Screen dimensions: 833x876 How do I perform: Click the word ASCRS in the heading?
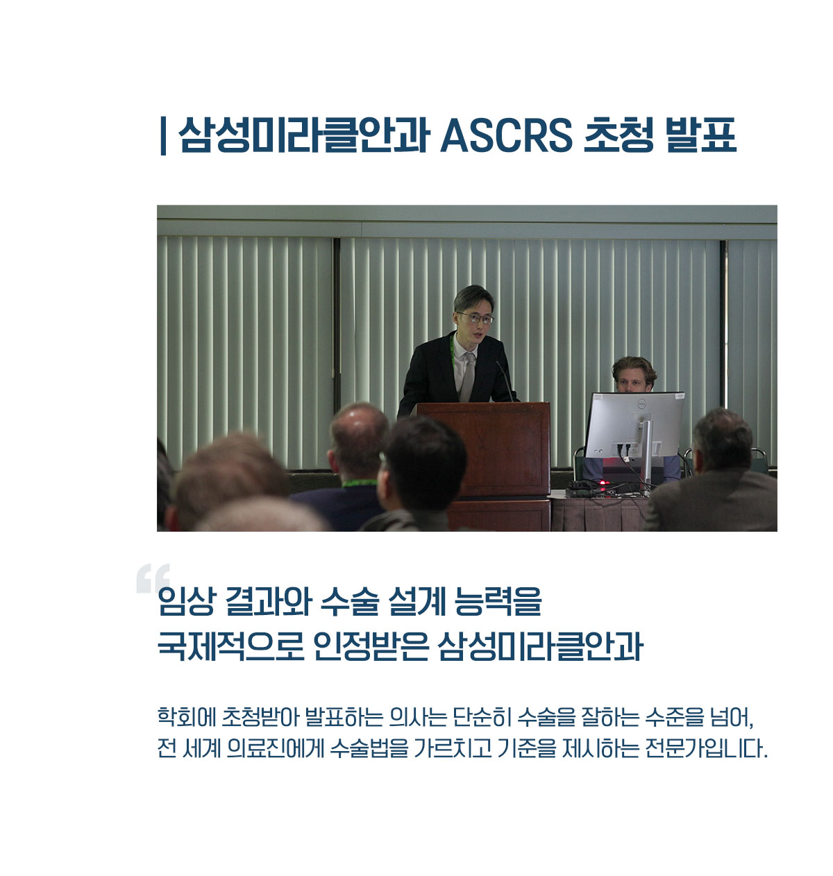[x=506, y=135]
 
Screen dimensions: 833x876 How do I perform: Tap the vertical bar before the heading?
[x=163, y=136]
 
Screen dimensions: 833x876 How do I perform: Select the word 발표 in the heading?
[x=700, y=135]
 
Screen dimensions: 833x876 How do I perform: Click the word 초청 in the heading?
[x=619, y=135]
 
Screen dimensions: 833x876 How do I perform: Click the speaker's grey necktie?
[x=468, y=376]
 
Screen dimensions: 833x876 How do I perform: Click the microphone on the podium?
[x=505, y=380]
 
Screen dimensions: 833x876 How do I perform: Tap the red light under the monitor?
[x=603, y=482]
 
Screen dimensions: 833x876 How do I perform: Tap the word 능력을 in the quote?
[x=498, y=601]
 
